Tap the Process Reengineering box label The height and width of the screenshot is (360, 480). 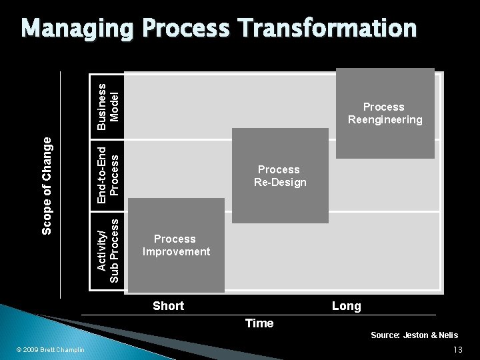click(384, 113)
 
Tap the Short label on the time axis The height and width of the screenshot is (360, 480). click(168, 306)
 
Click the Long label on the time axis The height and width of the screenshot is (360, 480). click(346, 307)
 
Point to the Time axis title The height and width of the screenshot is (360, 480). click(259, 323)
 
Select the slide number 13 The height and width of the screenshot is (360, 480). click(457, 350)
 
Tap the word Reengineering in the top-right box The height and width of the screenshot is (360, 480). click(385, 120)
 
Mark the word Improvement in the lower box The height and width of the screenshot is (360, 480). click(175, 252)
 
